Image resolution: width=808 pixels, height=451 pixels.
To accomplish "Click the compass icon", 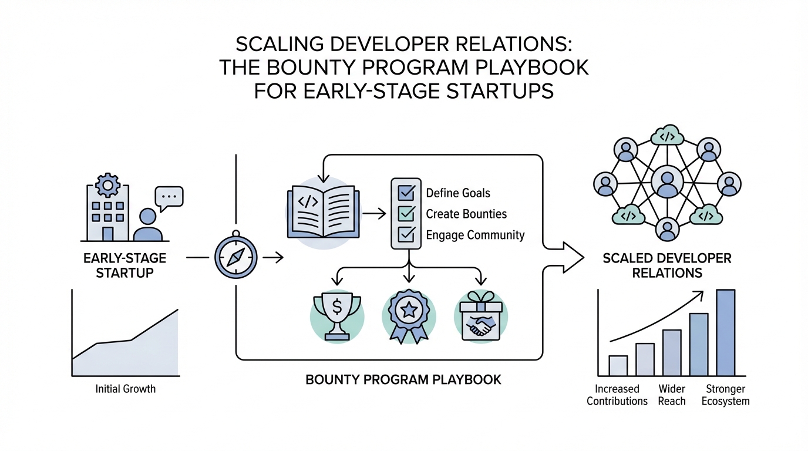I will (x=237, y=257).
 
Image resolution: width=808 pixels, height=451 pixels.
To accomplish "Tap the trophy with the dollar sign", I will (x=337, y=315).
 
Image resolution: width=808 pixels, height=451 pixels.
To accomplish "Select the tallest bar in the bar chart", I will (x=726, y=332).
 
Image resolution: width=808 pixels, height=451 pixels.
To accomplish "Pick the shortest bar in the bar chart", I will (x=618, y=365).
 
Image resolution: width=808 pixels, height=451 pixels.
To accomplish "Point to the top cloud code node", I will (x=666, y=137).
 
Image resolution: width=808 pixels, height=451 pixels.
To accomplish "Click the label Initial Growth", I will (x=125, y=389).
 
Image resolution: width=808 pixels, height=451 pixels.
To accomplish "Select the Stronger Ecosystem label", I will (x=726, y=395).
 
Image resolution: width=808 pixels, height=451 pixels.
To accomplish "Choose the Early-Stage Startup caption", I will (x=124, y=265).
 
